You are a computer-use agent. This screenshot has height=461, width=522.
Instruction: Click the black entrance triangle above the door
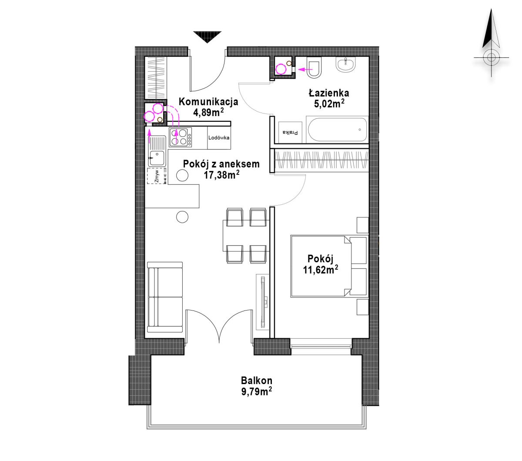[x=207, y=37]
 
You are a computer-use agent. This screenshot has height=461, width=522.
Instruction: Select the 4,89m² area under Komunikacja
[x=208, y=112]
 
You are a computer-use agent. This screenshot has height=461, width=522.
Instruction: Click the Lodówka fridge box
[x=219, y=137]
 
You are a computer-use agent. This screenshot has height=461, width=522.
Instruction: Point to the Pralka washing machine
[x=291, y=133]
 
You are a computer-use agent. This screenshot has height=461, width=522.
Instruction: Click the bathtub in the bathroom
[x=337, y=130]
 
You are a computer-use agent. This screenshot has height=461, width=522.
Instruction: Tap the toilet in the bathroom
[x=314, y=67]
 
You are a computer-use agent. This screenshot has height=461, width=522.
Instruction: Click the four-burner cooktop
[x=181, y=137]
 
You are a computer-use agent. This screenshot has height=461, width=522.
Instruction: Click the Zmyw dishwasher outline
[x=157, y=176]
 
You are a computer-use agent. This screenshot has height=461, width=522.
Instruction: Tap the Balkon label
[x=256, y=381]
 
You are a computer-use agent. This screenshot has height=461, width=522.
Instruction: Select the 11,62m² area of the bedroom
[x=320, y=270]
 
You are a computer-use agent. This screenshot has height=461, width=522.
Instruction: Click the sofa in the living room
[x=165, y=297]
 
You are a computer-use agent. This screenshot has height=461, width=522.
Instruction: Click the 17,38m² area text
[x=221, y=175]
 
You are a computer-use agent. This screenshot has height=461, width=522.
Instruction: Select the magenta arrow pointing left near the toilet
[x=305, y=69]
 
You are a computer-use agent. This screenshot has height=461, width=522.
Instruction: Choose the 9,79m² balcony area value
[x=256, y=391]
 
